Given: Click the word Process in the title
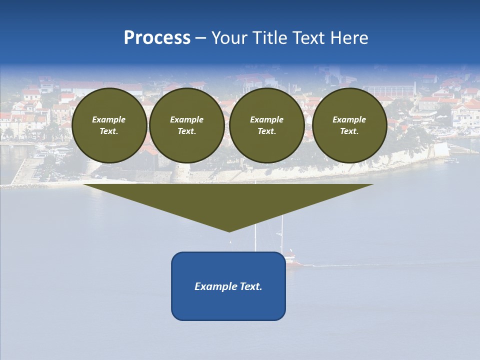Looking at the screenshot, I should pos(157,38).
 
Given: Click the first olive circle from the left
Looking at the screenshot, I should pos(109,125).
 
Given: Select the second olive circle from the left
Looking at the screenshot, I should pos(187,125).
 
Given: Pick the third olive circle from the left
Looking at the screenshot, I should pos(267,125).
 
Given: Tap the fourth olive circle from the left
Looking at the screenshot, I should pos(349,125).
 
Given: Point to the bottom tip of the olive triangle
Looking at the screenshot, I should pos(229,230).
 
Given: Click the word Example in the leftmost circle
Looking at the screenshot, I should pos(109,119).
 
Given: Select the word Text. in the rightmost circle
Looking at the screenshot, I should pos(349,131).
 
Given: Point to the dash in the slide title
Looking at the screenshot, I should pos(201,38).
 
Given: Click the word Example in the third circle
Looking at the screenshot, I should pos(267,119).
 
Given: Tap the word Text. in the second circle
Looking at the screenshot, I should pos(187,131).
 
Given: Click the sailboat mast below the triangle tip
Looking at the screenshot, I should pos(255,240).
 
